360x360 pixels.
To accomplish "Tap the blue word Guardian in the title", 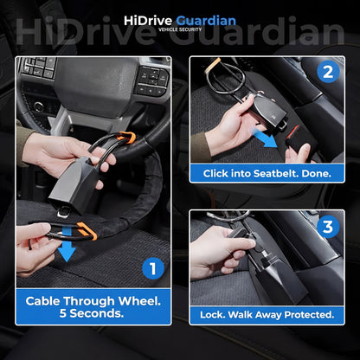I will (205, 20).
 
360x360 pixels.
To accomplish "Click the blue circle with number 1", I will (153, 269).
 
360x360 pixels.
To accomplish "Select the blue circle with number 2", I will (328, 73).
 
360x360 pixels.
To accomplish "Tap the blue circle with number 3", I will (328, 228).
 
